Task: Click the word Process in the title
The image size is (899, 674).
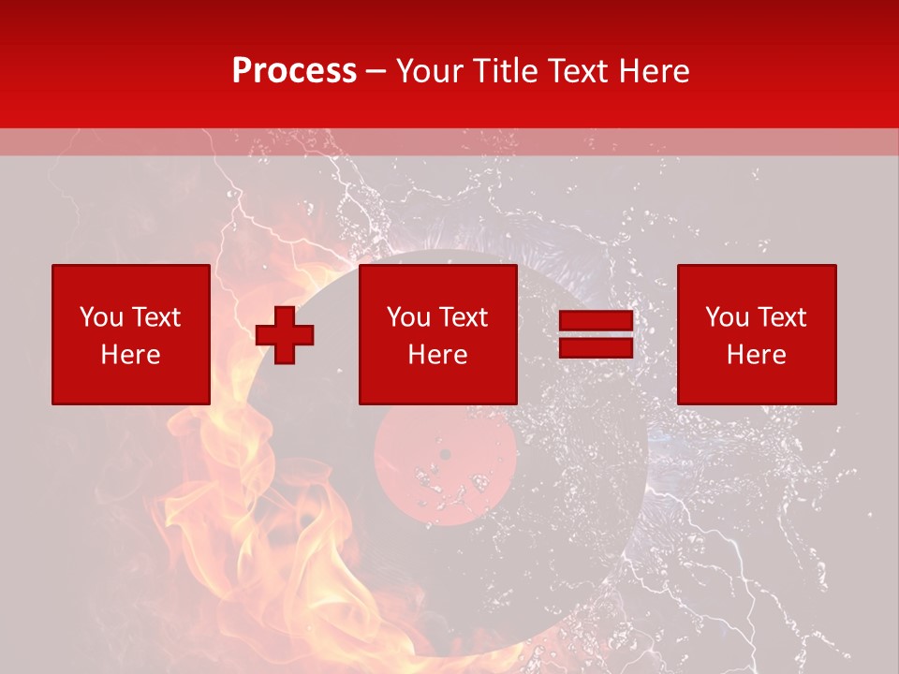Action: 294,71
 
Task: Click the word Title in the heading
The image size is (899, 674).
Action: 505,71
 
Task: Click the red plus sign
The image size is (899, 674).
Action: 285,334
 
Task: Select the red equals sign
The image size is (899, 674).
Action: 596,334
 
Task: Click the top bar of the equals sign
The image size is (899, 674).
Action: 596,321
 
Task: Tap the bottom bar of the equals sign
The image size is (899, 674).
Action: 596,347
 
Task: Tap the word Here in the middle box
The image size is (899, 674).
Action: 437,355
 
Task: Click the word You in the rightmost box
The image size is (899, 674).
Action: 727,317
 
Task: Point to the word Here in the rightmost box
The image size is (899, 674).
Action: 757,355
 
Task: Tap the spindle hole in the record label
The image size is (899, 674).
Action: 445,455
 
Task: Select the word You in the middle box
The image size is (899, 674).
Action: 408,317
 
